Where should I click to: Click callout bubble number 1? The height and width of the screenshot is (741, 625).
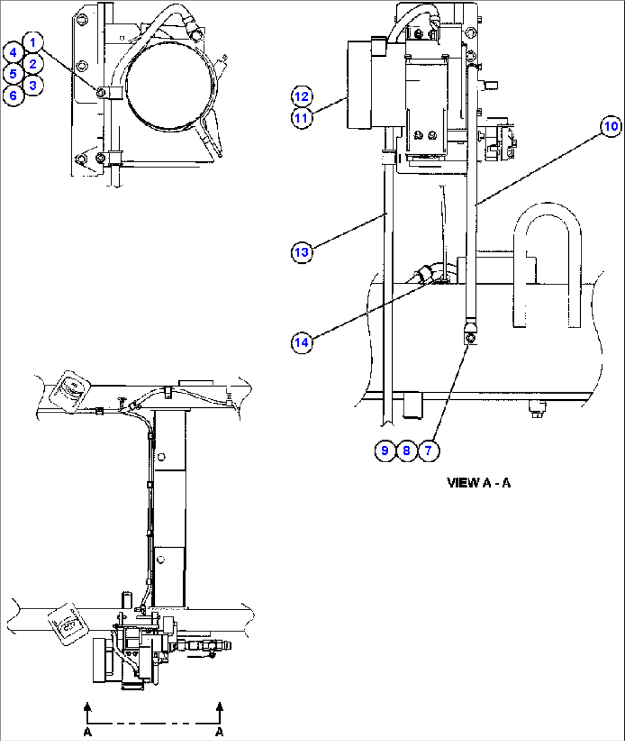click(33, 42)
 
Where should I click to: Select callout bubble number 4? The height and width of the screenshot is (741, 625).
click(13, 53)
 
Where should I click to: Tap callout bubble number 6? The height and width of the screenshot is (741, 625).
click(13, 95)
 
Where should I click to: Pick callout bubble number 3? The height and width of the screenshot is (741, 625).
click(33, 85)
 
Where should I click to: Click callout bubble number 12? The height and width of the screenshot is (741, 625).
click(302, 96)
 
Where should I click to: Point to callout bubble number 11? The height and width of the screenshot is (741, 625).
click(302, 118)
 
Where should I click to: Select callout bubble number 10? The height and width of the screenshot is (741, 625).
click(611, 126)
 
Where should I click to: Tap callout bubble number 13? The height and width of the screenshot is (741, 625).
click(301, 252)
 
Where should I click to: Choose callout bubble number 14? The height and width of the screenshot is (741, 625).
click(301, 343)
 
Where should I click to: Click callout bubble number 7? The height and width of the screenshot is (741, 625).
click(428, 450)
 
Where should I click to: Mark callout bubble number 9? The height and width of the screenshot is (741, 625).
click(385, 450)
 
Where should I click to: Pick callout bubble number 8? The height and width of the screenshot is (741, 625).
click(406, 450)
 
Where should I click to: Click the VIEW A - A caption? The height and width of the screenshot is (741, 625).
click(478, 483)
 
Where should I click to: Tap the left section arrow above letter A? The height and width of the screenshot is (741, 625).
click(88, 711)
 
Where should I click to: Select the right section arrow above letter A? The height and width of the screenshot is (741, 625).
click(219, 711)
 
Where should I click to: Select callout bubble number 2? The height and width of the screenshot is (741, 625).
click(33, 64)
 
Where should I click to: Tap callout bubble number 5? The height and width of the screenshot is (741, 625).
click(13, 74)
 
